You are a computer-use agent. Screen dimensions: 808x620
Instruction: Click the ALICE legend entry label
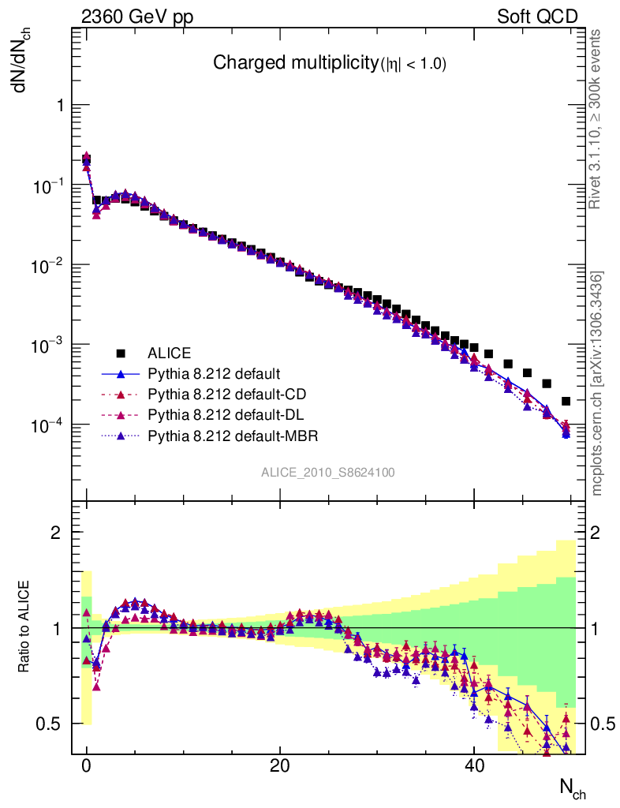coord(170,353)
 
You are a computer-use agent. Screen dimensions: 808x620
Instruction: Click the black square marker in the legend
coord(121,353)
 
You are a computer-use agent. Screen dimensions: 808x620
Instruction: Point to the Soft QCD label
coord(537,17)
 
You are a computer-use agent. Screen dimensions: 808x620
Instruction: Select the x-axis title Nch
coord(572,787)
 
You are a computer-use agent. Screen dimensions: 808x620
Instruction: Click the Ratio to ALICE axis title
coord(25,627)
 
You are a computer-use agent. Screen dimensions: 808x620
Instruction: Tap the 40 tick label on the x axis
coord(473,766)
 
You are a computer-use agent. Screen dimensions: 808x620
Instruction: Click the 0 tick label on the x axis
coord(87,766)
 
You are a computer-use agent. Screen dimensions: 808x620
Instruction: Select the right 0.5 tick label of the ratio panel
coord(603,724)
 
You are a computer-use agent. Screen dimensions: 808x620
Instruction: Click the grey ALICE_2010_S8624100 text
coord(328,473)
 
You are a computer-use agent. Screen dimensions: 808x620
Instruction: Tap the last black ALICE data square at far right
coord(566,402)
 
